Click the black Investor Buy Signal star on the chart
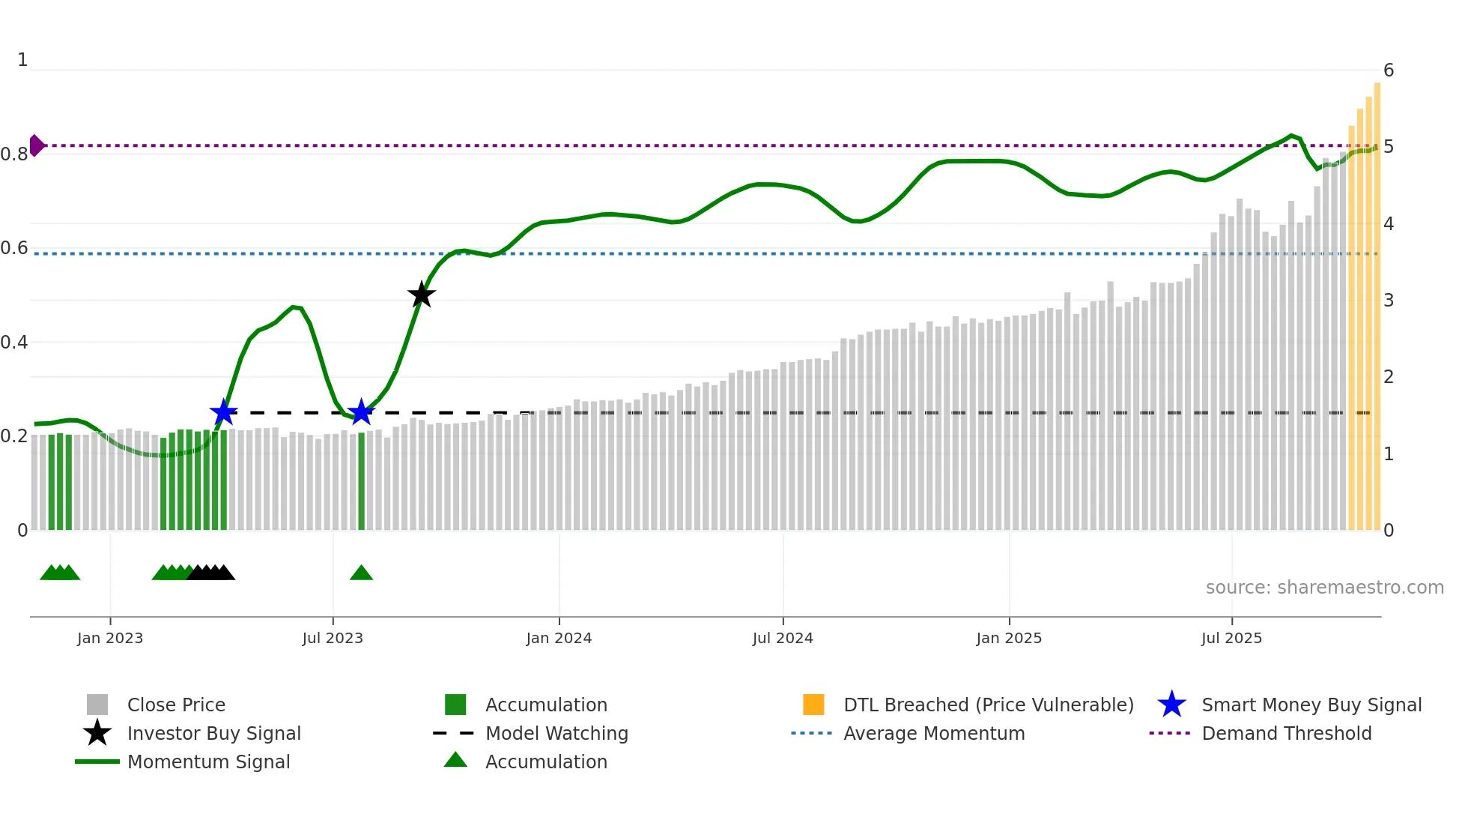422,295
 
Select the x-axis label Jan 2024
559,638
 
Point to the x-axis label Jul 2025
1231,638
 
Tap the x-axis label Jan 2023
110,638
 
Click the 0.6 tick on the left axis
14,248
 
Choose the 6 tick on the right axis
1389,70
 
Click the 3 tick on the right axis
1389,301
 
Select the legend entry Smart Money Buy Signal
1311,705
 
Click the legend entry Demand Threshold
1286,733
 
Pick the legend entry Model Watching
556,733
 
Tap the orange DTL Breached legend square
813,705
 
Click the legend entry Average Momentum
933,733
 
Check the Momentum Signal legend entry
208,762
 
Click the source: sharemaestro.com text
1324,587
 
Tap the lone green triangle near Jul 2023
361,573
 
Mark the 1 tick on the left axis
22,60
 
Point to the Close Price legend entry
175,705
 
